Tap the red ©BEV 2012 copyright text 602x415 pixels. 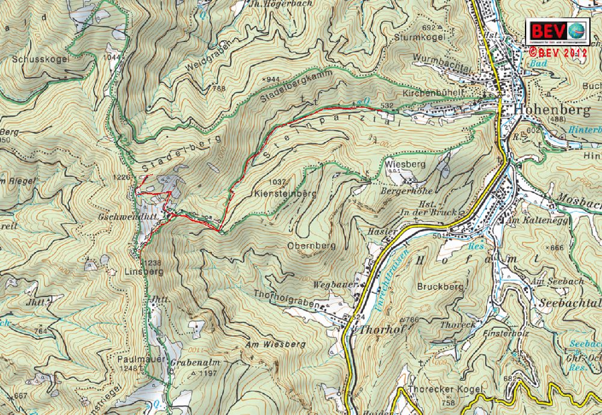click(558, 52)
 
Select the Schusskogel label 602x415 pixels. click(41, 60)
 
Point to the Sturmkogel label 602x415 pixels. click(420, 37)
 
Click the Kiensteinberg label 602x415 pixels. click(285, 194)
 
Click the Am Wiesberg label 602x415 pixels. click(276, 345)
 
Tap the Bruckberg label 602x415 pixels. click(441, 287)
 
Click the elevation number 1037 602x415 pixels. click(278, 182)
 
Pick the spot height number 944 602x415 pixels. click(273, 79)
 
